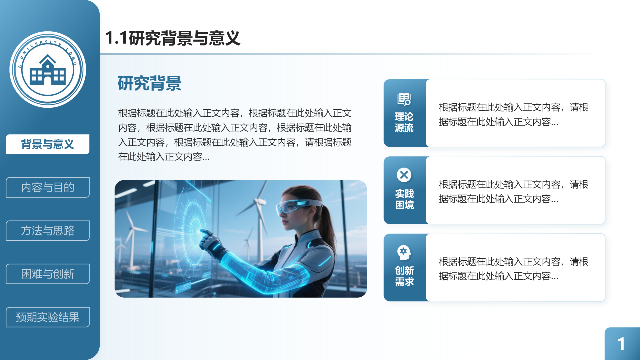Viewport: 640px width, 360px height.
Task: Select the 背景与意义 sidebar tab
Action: (48, 144)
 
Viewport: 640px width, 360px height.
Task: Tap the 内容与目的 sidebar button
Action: (48, 187)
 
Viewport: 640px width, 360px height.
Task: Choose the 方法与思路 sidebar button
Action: (48, 231)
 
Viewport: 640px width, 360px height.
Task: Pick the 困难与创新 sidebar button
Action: (48, 274)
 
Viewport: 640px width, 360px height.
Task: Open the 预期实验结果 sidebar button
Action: (48, 317)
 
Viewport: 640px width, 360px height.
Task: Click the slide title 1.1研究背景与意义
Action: (172, 38)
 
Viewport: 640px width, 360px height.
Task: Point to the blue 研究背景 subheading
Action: (149, 83)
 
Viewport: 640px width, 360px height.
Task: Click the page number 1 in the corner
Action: (621, 344)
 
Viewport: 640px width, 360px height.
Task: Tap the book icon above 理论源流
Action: (404, 99)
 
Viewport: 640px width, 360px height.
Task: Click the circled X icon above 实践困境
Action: (404, 175)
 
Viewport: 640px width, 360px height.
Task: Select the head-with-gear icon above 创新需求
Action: (404, 252)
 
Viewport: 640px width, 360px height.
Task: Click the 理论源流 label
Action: (404, 122)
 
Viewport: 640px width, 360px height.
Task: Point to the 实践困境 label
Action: (404, 199)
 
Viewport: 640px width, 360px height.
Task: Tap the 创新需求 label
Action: (404, 276)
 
